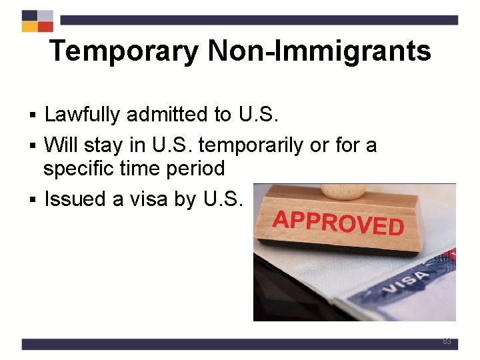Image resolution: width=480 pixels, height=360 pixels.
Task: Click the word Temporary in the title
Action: [123, 51]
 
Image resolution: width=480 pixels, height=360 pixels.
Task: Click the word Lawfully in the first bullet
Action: [82, 115]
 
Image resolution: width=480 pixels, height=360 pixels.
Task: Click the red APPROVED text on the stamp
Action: [339, 223]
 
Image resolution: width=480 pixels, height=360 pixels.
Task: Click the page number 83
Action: [447, 341]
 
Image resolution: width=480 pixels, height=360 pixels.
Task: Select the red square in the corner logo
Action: [45, 27]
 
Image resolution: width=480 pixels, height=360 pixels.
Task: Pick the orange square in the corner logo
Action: [29, 27]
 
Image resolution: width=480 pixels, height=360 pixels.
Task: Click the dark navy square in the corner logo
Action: [29, 15]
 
